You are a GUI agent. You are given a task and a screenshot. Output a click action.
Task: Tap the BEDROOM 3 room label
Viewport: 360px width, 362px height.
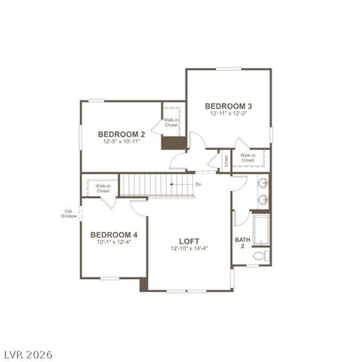click(x=228, y=105)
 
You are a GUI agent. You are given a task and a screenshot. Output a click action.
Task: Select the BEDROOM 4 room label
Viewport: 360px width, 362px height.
click(x=113, y=234)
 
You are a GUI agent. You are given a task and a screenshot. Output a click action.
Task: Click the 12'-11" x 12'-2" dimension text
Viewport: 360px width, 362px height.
click(x=228, y=113)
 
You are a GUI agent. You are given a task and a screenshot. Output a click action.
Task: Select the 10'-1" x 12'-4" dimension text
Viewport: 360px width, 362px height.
click(x=113, y=242)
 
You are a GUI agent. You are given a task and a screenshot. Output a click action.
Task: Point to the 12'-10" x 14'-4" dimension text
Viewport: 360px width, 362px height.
click(x=189, y=249)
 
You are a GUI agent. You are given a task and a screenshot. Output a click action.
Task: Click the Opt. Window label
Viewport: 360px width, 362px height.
click(x=69, y=213)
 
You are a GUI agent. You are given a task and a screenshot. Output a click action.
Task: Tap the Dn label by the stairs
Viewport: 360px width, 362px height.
click(x=198, y=184)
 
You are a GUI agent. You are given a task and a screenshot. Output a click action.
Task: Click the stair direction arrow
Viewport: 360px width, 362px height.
click(x=180, y=184)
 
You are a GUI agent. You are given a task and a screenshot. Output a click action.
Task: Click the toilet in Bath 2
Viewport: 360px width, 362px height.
click(x=260, y=256)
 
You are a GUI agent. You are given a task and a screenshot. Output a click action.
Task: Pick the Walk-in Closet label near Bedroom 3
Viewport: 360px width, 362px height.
click(x=248, y=158)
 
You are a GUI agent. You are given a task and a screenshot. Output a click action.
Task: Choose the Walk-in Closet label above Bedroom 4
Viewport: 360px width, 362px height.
click(x=103, y=188)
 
